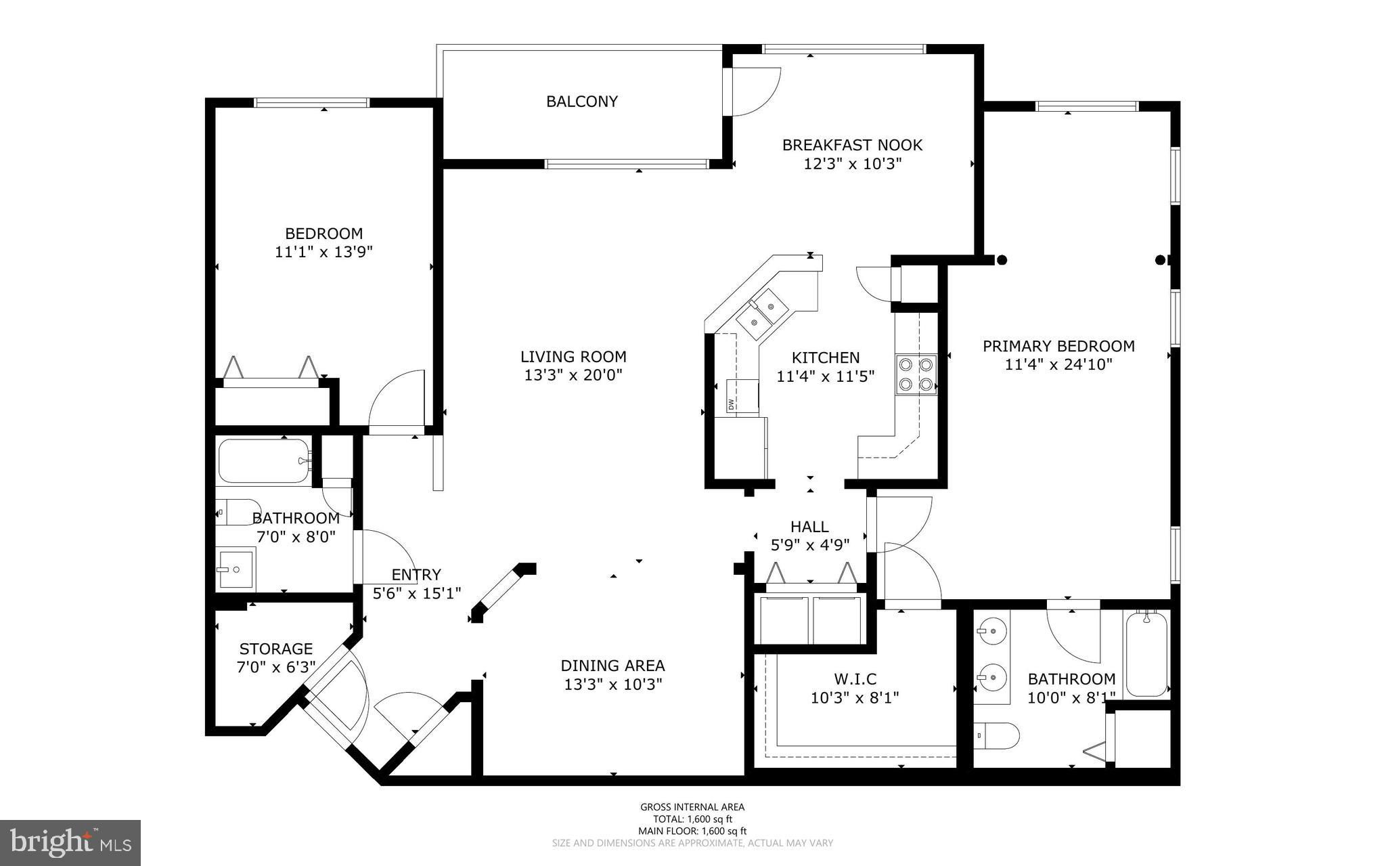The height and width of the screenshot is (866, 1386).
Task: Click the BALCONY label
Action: [x=582, y=102]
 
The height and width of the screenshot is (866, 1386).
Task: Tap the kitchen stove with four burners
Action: [x=916, y=374]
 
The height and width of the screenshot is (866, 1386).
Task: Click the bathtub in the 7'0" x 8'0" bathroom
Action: [x=264, y=461]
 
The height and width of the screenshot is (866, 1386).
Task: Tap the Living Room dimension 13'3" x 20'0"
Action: [x=573, y=375]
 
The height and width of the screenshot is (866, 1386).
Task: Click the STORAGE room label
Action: [x=276, y=649]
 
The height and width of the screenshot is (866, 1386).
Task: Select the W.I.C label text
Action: [x=855, y=678]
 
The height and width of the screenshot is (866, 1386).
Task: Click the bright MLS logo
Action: [x=70, y=842]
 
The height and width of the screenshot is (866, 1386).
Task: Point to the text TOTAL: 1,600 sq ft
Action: [x=692, y=819]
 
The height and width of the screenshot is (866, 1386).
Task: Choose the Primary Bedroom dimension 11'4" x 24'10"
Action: [x=1058, y=365]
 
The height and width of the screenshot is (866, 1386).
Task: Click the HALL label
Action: [x=809, y=527]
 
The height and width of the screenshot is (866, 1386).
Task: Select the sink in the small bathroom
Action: [x=236, y=569]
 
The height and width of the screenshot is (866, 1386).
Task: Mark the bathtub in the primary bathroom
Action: [x=1146, y=654]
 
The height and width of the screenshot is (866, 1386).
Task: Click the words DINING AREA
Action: [x=612, y=666]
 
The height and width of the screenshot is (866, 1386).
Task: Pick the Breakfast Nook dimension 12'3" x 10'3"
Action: [x=852, y=164]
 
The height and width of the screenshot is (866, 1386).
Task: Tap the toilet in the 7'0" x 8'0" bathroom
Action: [x=238, y=513]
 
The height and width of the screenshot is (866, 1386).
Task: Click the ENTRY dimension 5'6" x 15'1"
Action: [x=417, y=594]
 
